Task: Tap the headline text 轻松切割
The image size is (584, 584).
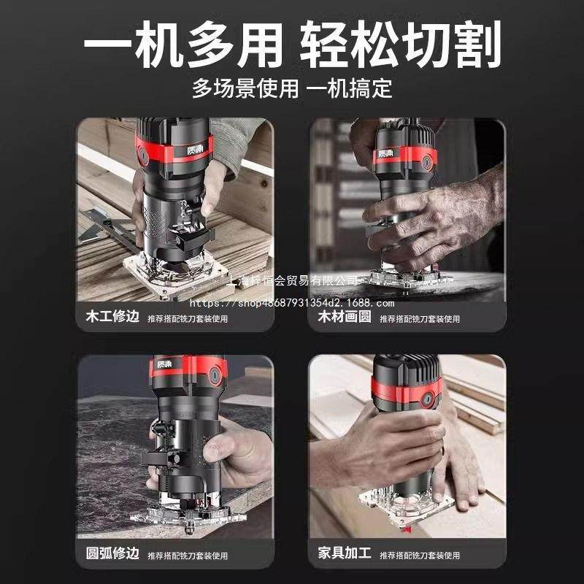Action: (x=401, y=45)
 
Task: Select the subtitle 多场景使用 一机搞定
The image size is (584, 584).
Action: (x=292, y=88)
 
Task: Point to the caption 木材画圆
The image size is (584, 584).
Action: (x=345, y=318)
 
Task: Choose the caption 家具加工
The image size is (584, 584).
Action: (x=345, y=554)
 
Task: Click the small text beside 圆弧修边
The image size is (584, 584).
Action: (x=188, y=555)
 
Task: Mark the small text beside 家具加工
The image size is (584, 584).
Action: (x=420, y=555)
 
